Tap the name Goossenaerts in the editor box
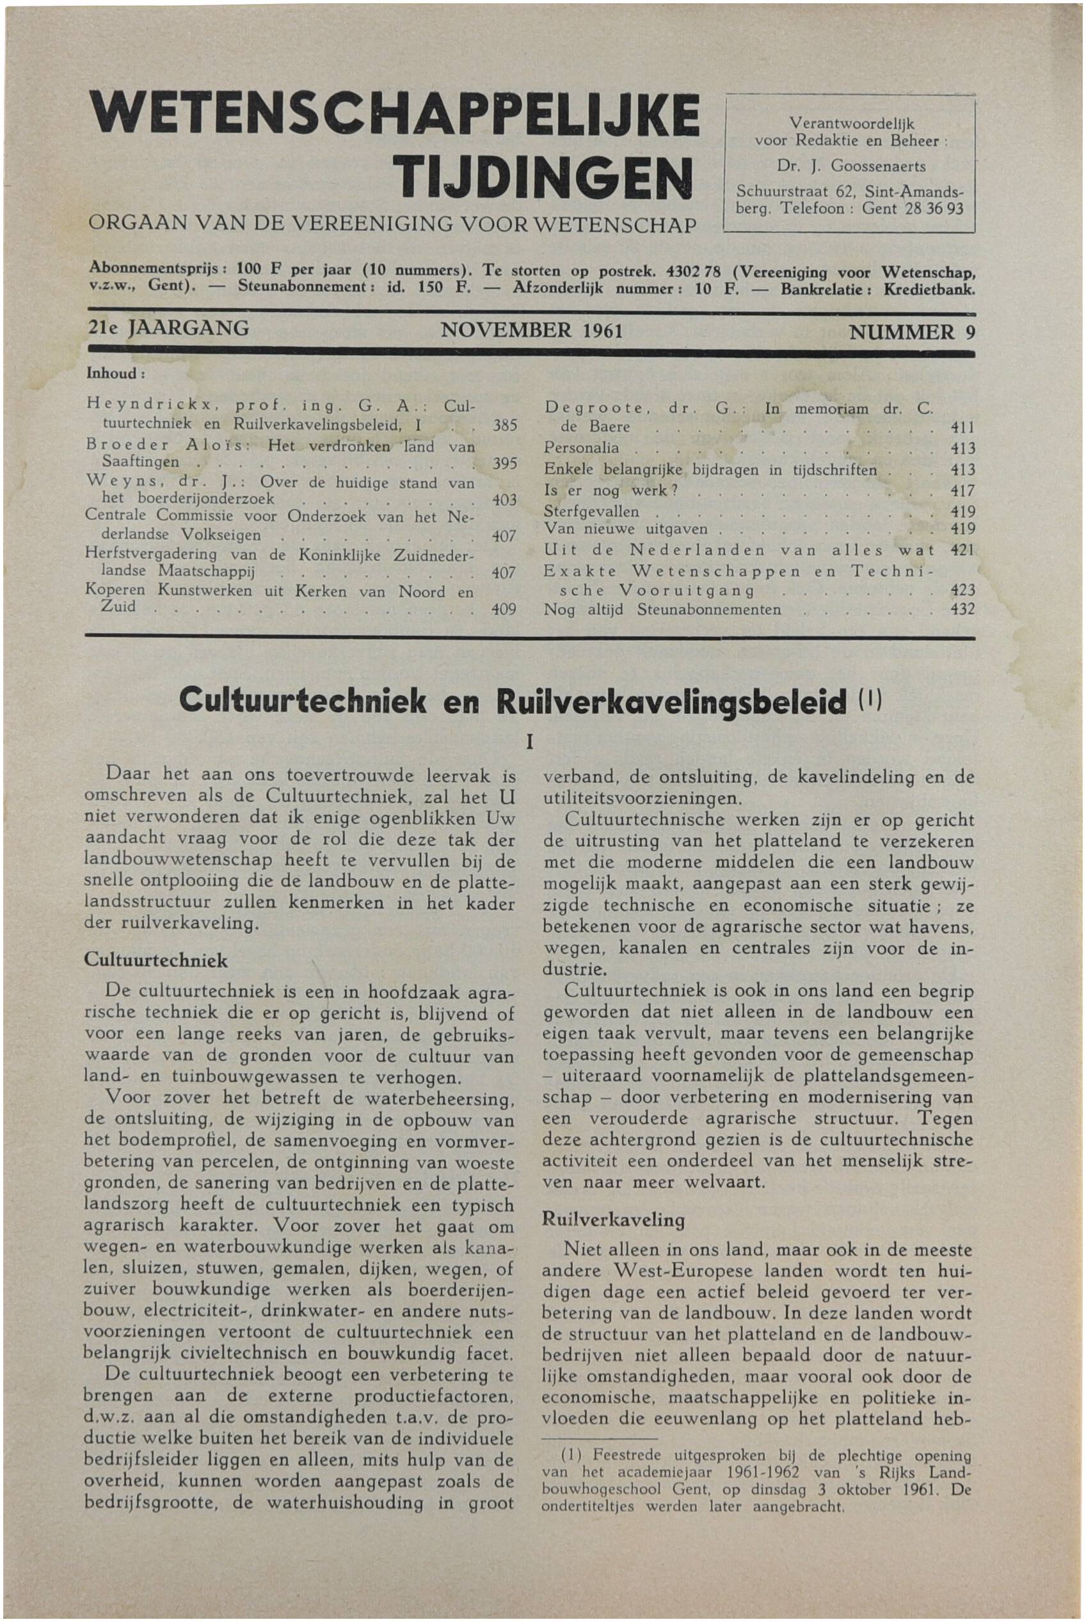pos(877,166)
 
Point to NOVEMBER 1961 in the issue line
pos(532,330)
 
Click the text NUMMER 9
pos(911,331)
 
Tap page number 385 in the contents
pos(504,427)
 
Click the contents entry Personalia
pos(581,448)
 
